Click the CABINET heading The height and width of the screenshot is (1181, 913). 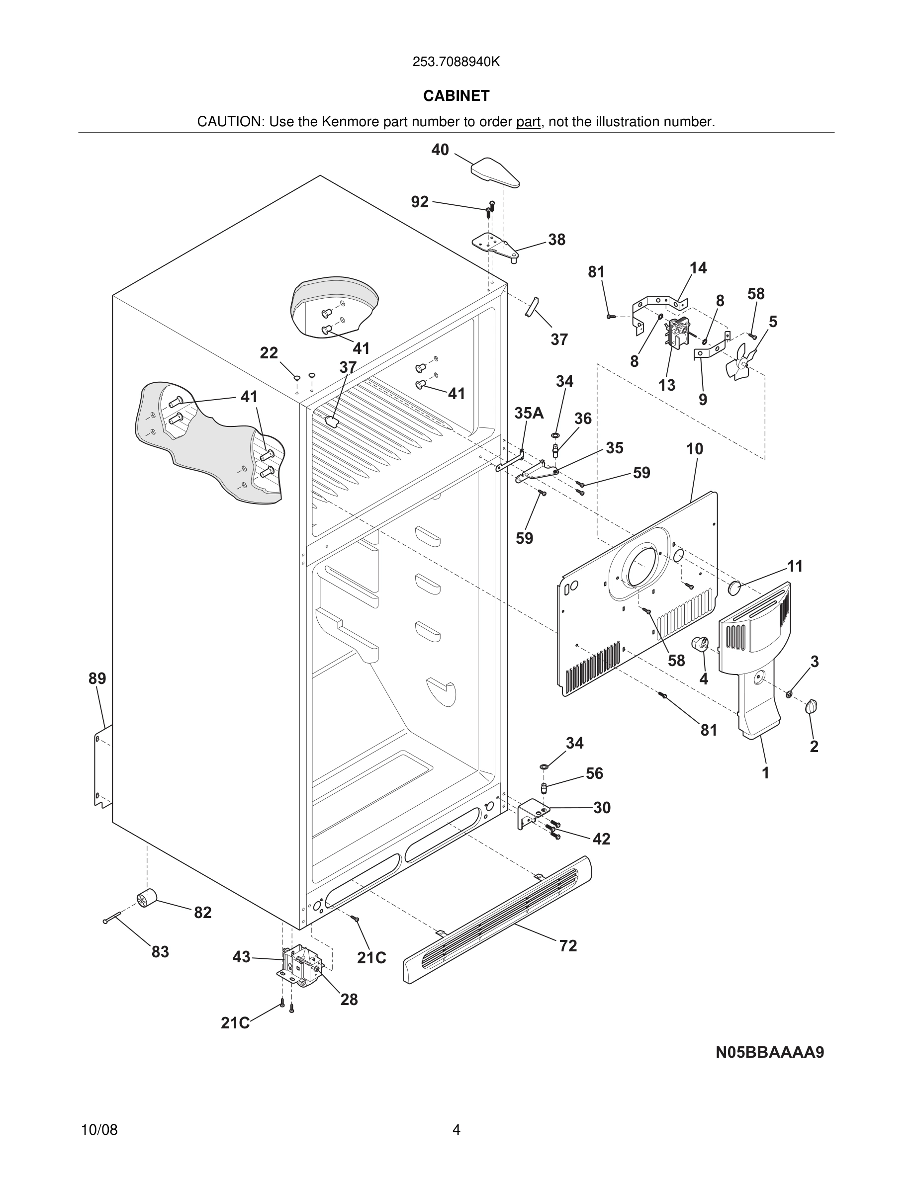(x=456, y=96)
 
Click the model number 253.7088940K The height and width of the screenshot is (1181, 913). (x=456, y=62)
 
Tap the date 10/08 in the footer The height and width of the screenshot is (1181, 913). (x=99, y=1130)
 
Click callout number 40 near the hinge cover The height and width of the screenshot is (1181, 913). (x=440, y=150)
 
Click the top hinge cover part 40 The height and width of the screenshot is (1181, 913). (x=495, y=171)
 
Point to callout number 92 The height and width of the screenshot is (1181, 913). (x=420, y=202)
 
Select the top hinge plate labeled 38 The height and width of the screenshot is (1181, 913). (x=495, y=246)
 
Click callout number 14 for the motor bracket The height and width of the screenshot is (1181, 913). (x=698, y=268)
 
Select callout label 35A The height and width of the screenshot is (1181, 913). (x=529, y=413)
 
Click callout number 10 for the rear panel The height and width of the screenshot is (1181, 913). (x=695, y=448)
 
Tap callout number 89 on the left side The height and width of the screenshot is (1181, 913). (x=97, y=678)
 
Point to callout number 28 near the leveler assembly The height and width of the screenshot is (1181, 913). (x=349, y=999)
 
